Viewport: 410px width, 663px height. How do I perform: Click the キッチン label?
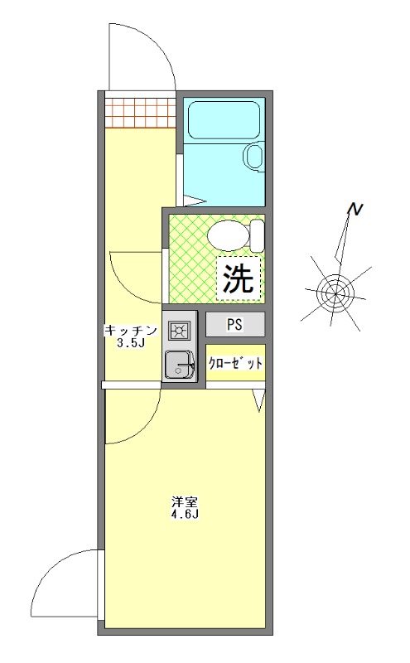click(x=129, y=330)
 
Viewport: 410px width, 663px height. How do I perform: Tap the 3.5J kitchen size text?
click(x=131, y=343)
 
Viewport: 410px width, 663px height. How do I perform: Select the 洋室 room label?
click(x=184, y=501)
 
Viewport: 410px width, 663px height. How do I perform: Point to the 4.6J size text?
click(x=184, y=515)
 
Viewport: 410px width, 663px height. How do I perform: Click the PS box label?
click(x=235, y=324)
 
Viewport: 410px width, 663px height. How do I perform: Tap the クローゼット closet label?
click(x=235, y=363)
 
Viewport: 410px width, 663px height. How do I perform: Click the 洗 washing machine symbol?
click(x=239, y=278)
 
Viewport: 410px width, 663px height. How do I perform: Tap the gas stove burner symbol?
click(x=179, y=331)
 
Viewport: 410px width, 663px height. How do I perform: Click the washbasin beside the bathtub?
click(x=253, y=155)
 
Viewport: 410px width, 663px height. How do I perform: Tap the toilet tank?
click(x=257, y=235)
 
